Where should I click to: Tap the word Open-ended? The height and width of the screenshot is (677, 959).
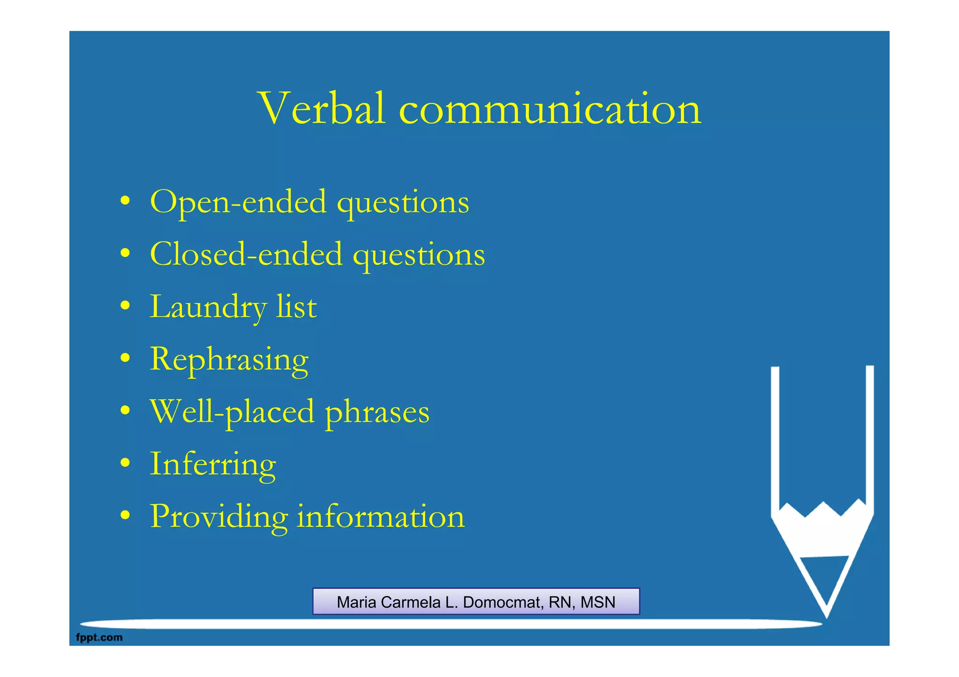click(x=238, y=202)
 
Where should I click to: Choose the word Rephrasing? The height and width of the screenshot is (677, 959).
click(x=229, y=360)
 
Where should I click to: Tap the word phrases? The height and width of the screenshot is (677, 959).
click(x=377, y=413)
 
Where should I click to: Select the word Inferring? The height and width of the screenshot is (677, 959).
click(x=213, y=465)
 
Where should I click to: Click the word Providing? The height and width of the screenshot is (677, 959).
click(x=219, y=517)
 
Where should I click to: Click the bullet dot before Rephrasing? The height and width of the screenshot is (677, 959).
click(x=125, y=359)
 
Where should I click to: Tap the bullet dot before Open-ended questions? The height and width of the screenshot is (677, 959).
click(x=125, y=202)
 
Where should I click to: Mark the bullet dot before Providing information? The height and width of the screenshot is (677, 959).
click(x=125, y=516)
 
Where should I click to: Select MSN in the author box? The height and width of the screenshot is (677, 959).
click(x=598, y=602)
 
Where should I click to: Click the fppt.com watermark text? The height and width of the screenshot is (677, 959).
click(x=99, y=637)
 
